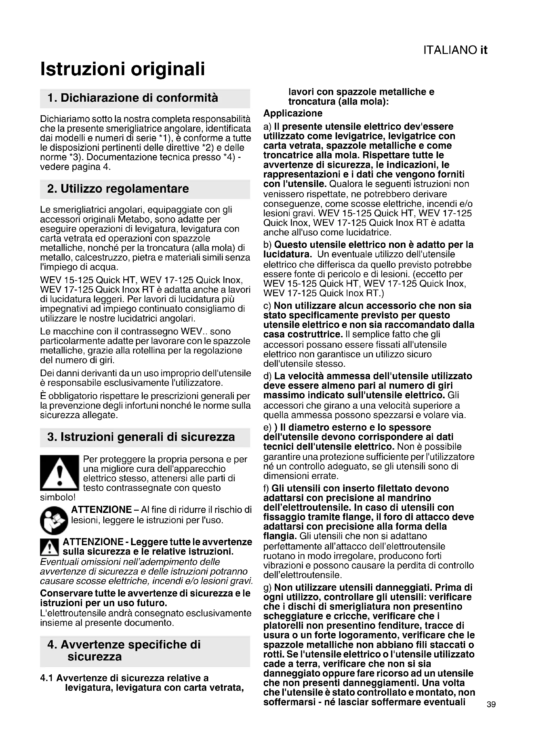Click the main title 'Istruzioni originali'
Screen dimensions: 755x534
click(x=122, y=69)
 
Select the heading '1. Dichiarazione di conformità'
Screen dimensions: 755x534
click(x=132, y=98)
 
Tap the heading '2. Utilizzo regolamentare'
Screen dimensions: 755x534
click(x=118, y=189)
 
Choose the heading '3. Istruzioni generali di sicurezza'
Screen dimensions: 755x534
click(x=141, y=437)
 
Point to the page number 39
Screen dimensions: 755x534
click(x=491, y=714)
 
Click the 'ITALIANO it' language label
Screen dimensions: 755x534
click(x=455, y=50)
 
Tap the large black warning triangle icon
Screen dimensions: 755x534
click(x=59, y=473)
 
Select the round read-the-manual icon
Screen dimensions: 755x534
click(x=54, y=521)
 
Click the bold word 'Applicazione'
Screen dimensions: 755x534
click(x=293, y=113)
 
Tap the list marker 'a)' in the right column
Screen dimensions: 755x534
click(x=267, y=127)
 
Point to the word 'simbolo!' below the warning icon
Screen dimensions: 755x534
click(x=58, y=497)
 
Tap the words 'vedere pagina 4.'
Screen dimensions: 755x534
click(x=75, y=167)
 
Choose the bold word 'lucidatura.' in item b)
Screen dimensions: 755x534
click(x=287, y=254)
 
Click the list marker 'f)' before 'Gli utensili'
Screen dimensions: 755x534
click(x=266, y=488)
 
